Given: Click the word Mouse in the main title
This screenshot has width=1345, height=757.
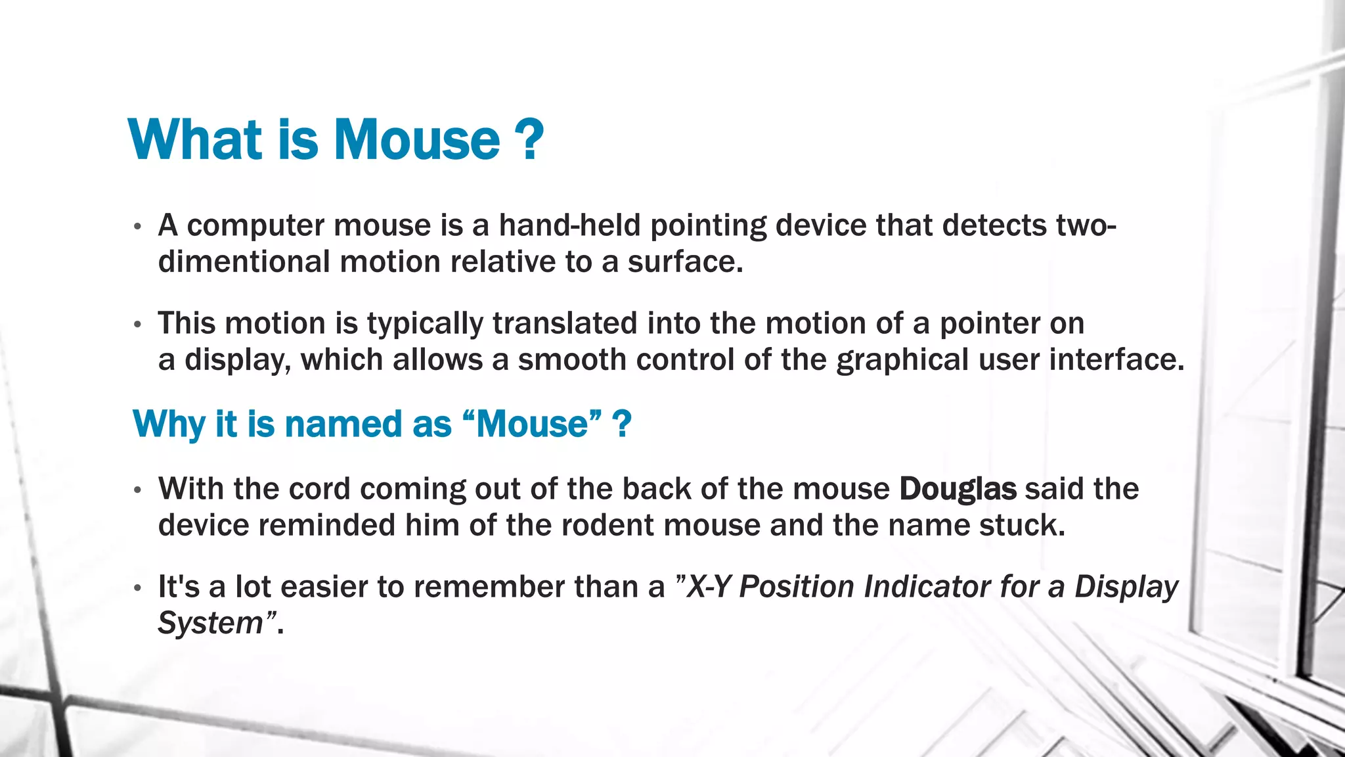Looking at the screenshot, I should [x=417, y=140].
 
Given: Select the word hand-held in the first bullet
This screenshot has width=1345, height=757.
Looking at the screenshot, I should [x=569, y=225].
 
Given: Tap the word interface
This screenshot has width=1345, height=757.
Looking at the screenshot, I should [x=1116, y=359].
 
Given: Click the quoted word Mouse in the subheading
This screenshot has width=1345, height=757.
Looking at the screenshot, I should [x=532, y=424].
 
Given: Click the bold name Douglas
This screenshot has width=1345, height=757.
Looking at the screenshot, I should [x=958, y=489].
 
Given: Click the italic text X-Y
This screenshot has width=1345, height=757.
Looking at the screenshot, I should [x=709, y=587].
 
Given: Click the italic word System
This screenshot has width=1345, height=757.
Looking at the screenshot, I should [x=210, y=623].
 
